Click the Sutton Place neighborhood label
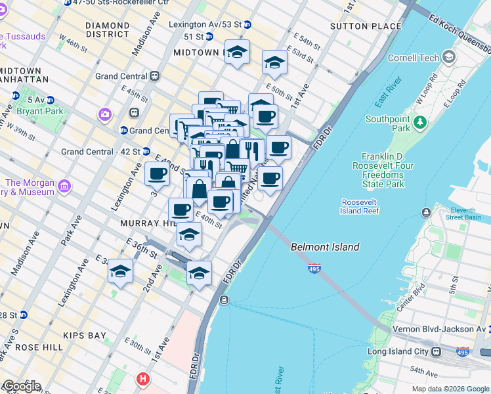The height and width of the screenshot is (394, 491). tap(366, 26)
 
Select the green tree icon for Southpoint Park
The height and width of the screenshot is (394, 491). tap(420, 122)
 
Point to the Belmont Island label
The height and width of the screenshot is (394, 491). tap(325, 247)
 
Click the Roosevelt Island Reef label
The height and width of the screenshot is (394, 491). tap(360, 207)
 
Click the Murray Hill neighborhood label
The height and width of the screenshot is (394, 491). tap(145, 223)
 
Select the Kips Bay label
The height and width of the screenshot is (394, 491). tap(84, 336)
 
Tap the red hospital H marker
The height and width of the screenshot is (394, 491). tap(142, 379)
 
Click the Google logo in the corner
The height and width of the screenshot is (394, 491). tap(21, 386)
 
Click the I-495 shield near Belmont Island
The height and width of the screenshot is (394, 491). tap(314, 269)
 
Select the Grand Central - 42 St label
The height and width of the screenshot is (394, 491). tap(100, 152)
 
